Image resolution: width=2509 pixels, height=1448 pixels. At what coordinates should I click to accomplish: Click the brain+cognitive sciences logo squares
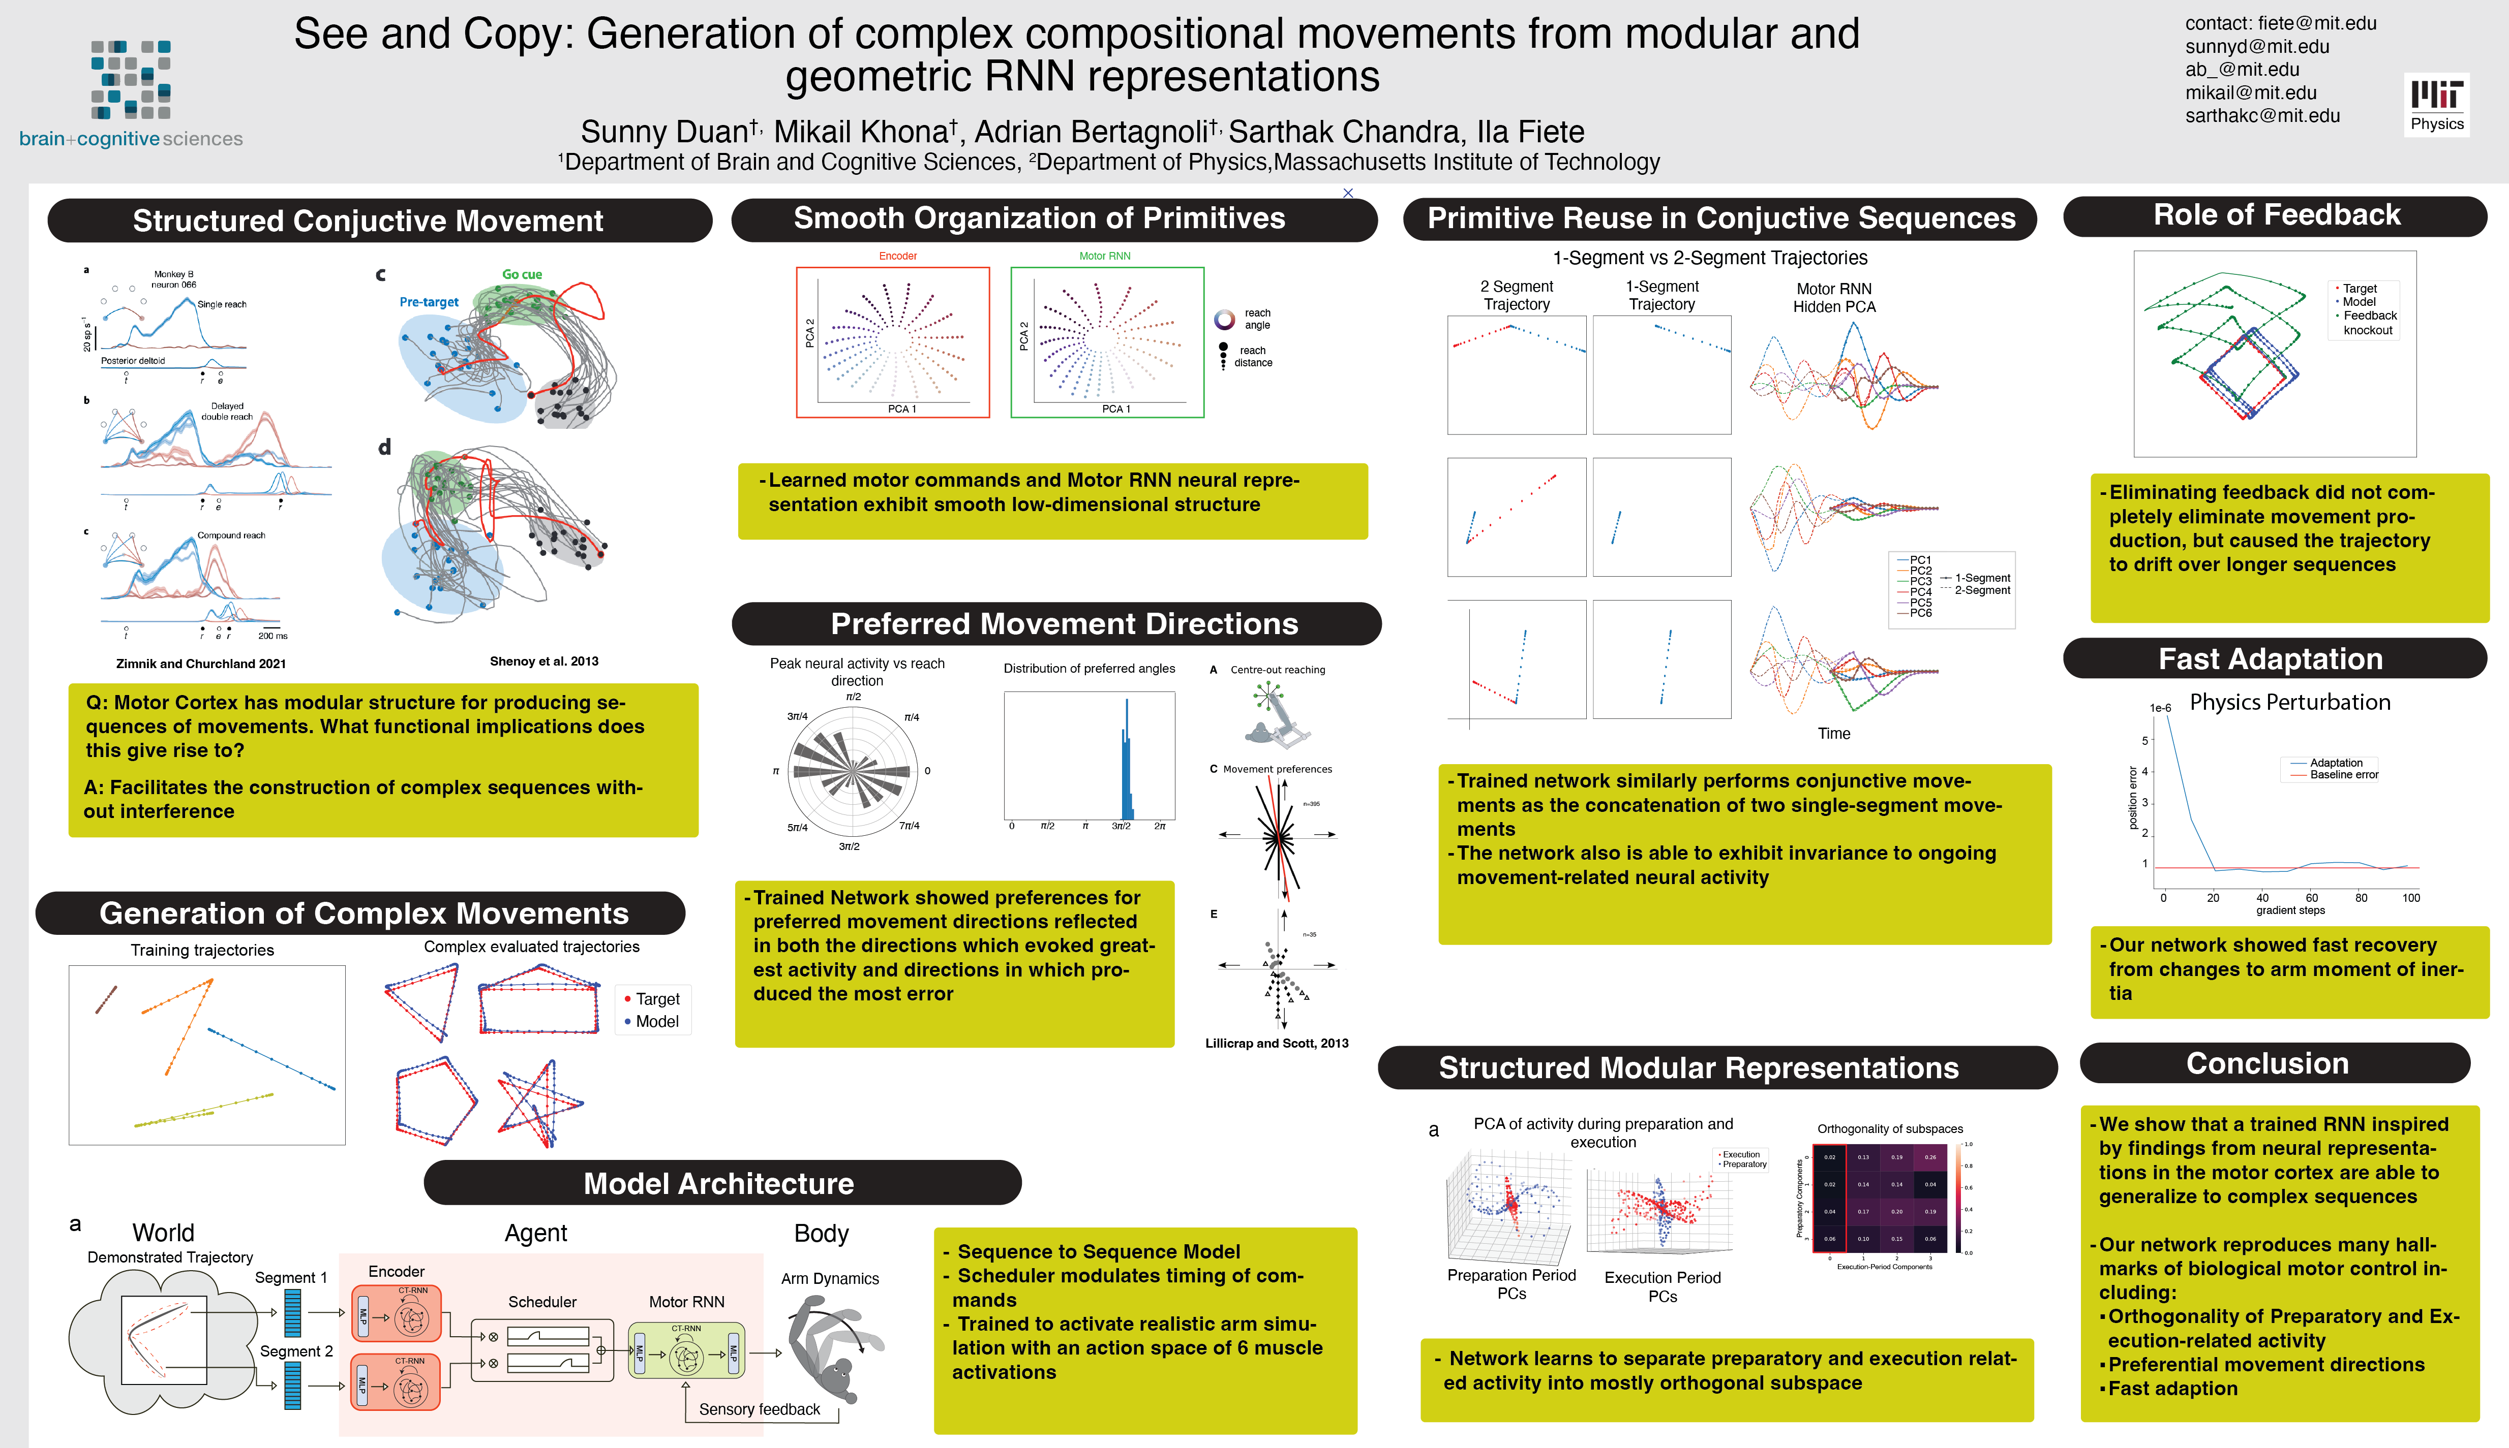[130, 80]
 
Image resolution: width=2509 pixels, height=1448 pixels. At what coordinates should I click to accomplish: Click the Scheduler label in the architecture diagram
[542, 1302]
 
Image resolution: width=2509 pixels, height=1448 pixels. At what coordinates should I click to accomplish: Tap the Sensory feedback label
[759, 1409]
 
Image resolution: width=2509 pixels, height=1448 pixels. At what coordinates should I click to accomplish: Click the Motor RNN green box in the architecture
[686, 1350]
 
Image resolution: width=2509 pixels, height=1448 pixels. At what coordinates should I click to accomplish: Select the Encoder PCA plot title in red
[897, 257]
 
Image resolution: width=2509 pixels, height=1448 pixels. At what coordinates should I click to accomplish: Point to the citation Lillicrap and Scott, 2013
[1277, 1043]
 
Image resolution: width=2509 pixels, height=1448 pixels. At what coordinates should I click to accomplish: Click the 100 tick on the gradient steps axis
[2410, 898]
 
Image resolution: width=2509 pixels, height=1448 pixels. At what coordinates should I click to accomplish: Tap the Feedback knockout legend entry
[2369, 323]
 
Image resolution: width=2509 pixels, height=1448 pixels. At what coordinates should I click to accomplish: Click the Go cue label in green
[521, 274]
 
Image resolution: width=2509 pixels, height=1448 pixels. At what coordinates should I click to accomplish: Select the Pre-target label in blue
[429, 302]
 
